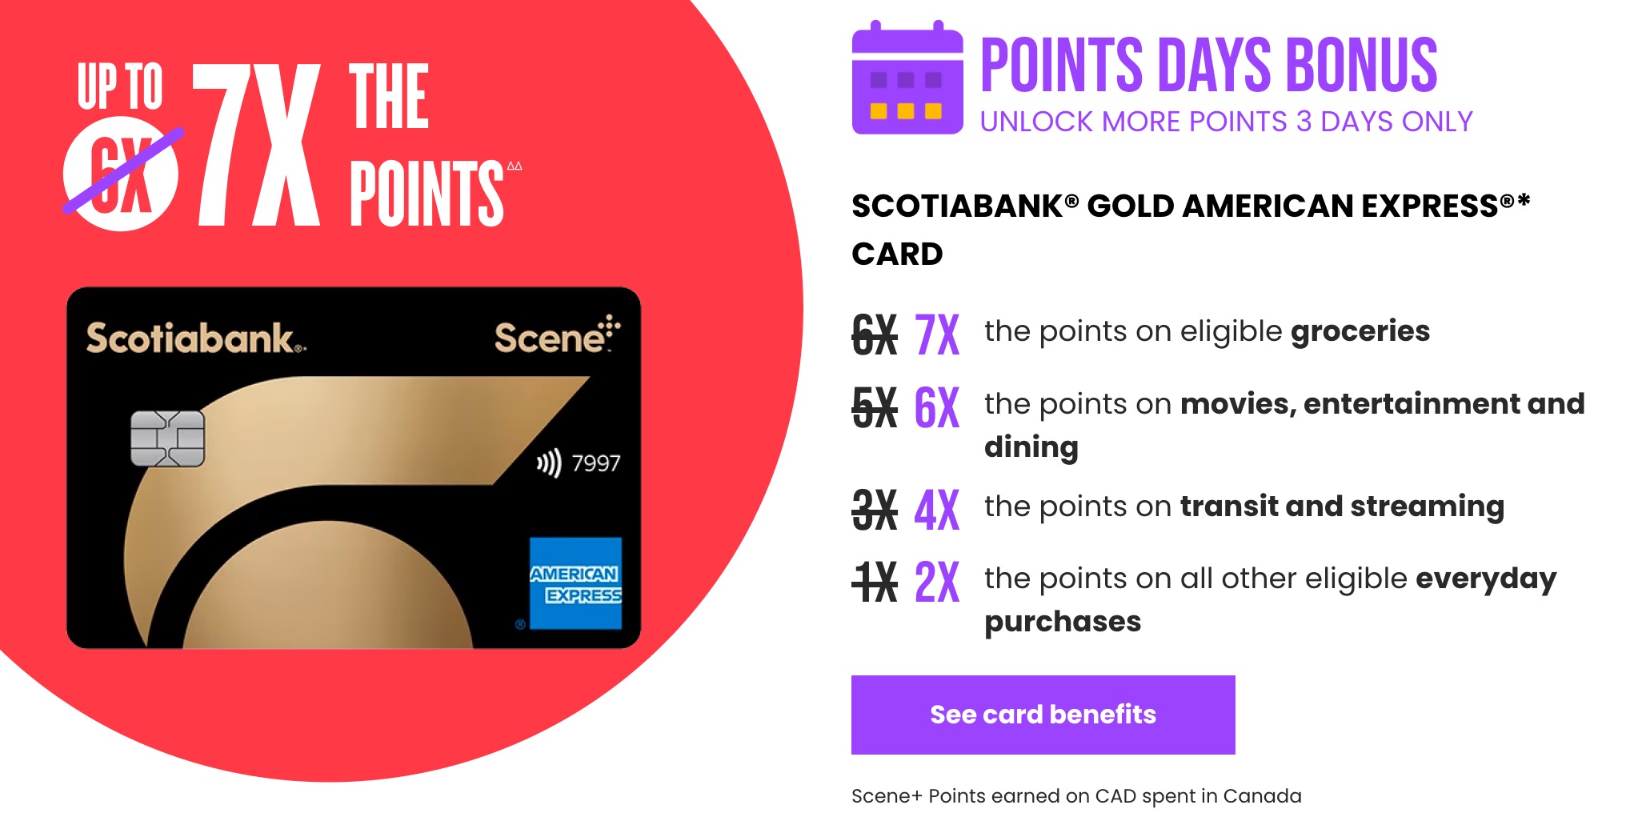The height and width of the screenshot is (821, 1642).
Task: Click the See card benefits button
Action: tap(1043, 715)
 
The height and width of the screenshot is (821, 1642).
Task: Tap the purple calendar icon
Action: tap(907, 79)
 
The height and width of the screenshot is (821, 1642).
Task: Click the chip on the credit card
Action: tap(167, 439)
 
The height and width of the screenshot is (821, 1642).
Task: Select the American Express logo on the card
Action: tap(575, 583)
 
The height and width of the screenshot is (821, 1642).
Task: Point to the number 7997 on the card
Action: tap(596, 463)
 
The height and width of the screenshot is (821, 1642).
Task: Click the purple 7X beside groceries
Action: tap(936, 335)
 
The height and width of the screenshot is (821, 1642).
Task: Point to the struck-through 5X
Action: tap(874, 408)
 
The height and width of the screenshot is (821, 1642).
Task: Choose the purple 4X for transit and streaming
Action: tap(936, 511)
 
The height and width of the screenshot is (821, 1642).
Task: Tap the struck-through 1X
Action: tap(874, 583)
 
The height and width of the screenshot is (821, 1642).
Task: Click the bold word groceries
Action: tap(1360, 331)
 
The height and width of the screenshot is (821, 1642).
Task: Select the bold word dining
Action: tap(1031, 447)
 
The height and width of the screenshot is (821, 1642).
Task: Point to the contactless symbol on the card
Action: tap(549, 463)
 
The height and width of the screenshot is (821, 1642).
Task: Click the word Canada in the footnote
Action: tap(1262, 796)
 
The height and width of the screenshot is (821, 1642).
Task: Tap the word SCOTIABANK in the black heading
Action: tap(956, 206)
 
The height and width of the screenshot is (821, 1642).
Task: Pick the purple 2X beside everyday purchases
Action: tap(936, 583)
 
